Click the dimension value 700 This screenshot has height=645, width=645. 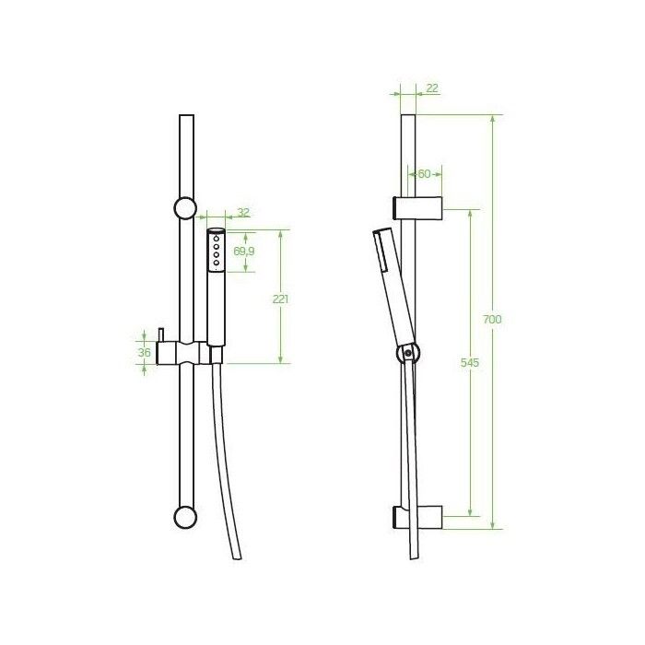[492, 319]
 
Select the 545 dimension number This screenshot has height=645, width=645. [469, 362]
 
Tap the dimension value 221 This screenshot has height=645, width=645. [280, 299]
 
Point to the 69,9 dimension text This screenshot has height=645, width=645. [244, 251]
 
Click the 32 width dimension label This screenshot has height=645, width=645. [243, 212]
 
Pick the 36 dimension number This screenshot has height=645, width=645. [144, 353]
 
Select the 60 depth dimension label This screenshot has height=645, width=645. [424, 174]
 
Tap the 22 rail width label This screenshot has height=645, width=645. [432, 88]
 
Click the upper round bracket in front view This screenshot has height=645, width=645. [185, 208]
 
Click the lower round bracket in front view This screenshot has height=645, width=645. [185, 517]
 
